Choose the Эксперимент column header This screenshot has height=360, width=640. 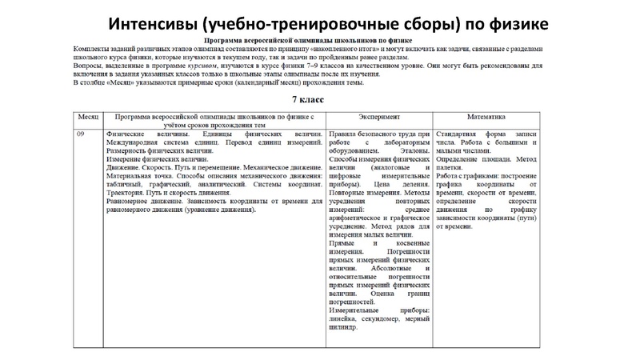378,117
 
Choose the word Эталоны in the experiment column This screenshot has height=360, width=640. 412,150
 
